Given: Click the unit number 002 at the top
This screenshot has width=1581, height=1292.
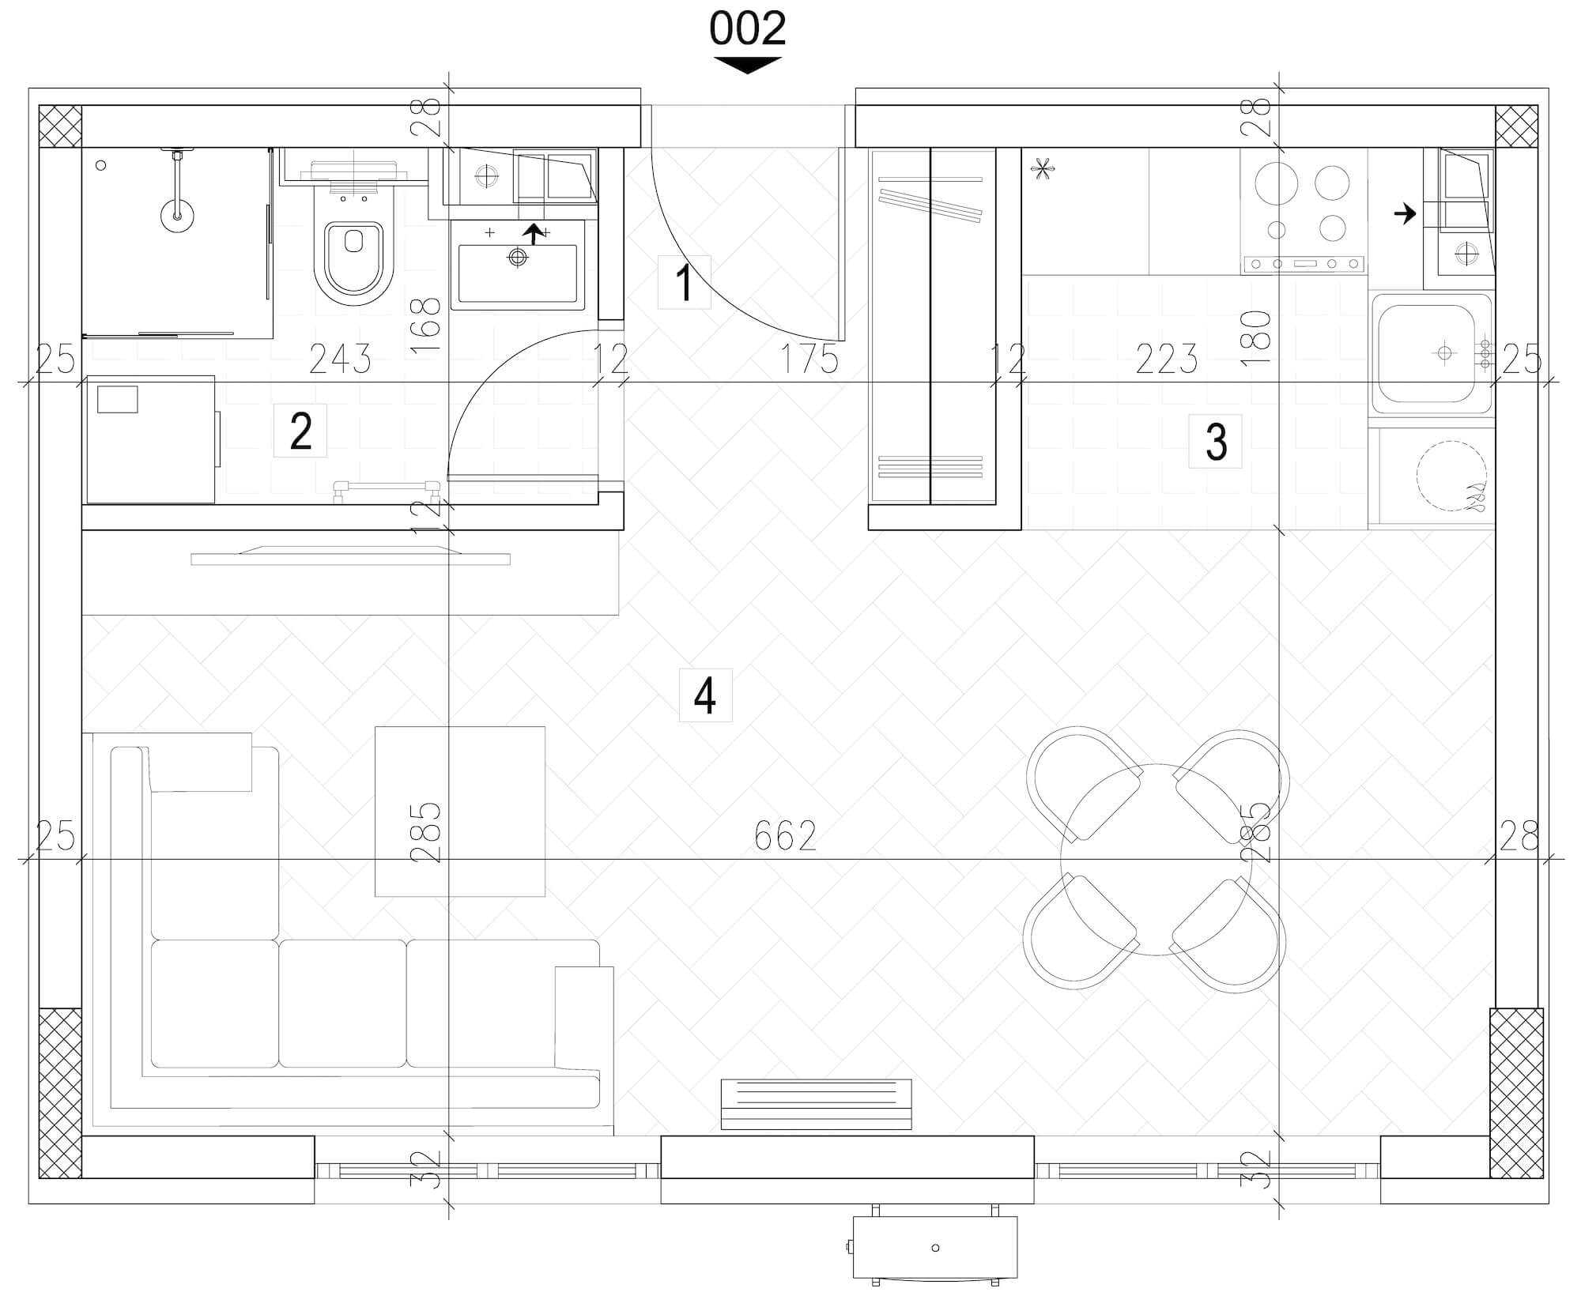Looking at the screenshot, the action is coord(747,29).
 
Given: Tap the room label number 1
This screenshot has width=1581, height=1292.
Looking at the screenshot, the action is coord(685,283).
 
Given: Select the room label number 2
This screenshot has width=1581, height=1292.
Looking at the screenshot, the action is coord(300,431).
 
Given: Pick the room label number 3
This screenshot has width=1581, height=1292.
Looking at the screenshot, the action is coord(1216,442).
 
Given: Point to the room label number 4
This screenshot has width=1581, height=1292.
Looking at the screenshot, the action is coord(705,695).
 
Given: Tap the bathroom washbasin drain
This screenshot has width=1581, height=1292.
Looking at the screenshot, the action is coord(518,257).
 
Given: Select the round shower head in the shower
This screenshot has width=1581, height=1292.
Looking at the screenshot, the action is coord(178,214).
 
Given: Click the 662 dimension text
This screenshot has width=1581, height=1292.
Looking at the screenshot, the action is coord(785,835).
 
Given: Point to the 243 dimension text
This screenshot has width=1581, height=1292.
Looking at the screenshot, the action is coord(340,360).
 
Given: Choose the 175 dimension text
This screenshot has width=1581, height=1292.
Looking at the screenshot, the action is coord(809,360).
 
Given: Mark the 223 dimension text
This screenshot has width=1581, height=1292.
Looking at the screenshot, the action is coord(1167,360).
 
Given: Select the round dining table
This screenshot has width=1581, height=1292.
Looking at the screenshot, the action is coord(1156,860).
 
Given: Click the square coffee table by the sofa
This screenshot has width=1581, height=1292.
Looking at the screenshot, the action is coord(459,812).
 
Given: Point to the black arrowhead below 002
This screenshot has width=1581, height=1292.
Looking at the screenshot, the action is coord(747,65).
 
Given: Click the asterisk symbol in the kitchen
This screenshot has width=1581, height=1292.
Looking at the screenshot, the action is coord(1043,169).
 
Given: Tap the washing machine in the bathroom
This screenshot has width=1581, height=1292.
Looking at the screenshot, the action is coord(151,439).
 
